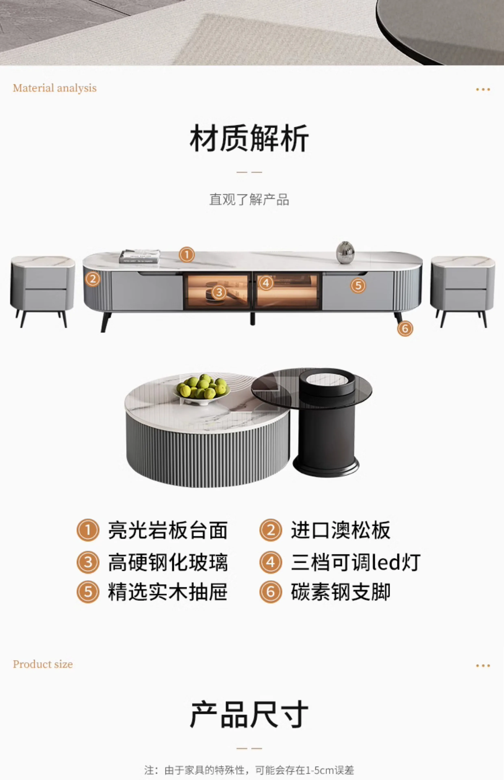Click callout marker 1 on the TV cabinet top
[187, 255]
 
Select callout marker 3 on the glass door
[219, 292]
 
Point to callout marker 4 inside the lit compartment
[266, 283]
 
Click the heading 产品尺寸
[249, 714]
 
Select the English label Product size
[43, 664]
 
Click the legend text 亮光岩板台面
[168, 531]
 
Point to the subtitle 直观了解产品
[249, 199]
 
